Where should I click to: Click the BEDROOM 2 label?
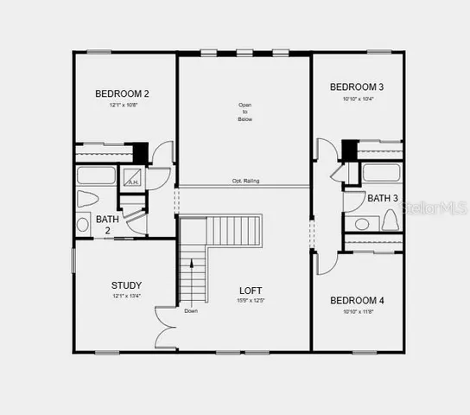tap(122, 93)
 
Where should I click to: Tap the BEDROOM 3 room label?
tap(357, 86)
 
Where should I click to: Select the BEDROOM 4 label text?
tap(357, 300)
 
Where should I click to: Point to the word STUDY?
tap(126, 285)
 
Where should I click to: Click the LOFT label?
tap(251, 290)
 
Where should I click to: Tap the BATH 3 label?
tap(383, 198)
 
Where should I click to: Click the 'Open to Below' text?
tap(245, 112)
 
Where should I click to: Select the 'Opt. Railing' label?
tap(245, 181)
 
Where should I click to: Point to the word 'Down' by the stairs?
tap(191, 310)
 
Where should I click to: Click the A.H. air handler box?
tap(133, 178)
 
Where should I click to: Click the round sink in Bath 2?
tap(83, 224)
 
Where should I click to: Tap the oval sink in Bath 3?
tap(363, 223)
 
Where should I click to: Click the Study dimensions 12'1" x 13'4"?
tap(126, 296)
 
